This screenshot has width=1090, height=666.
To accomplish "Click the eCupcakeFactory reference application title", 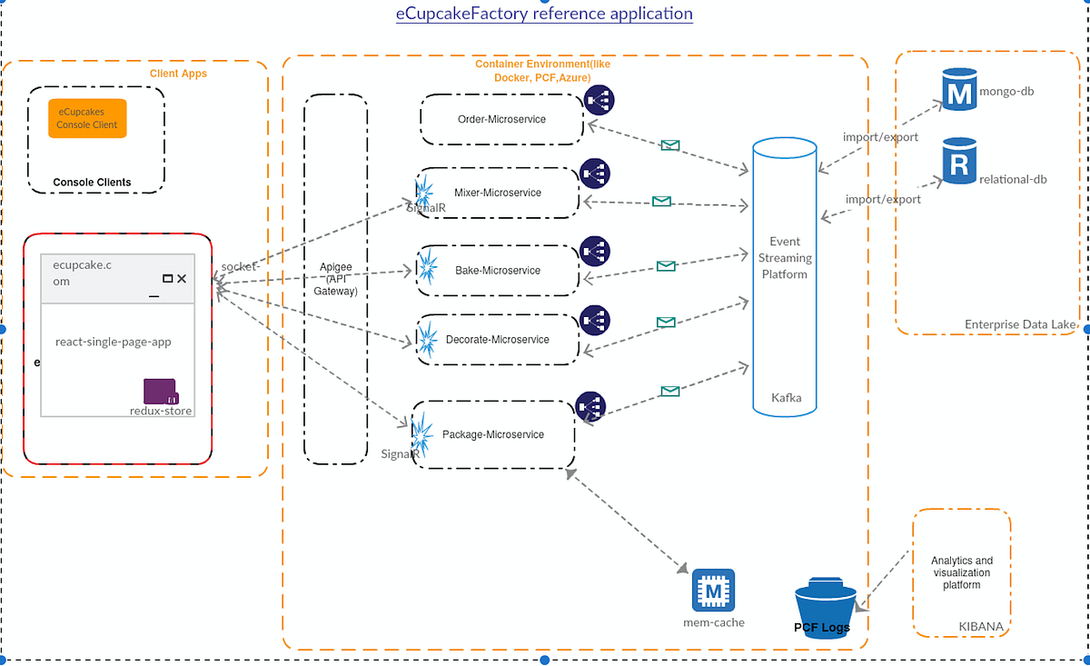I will pyautogui.click(x=544, y=14).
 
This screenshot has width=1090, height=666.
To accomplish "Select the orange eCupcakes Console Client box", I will pyautogui.click(x=87, y=118).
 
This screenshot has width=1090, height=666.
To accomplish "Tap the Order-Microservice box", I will pyautogui.click(x=501, y=119).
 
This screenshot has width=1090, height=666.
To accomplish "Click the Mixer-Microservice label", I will pyautogui.click(x=497, y=193).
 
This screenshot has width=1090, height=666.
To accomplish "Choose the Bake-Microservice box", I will pyautogui.click(x=498, y=270).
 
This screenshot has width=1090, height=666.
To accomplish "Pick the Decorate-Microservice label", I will pyautogui.click(x=497, y=340).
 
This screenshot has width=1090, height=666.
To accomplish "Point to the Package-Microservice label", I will pyautogui.click(x=493, y=434).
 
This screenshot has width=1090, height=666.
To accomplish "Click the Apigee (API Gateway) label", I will pyautogui.click(x=335, y=279).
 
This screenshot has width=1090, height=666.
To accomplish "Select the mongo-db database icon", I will pyautogui.click(x=957, y=91).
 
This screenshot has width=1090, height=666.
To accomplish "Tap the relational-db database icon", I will pyautogui.click(x=958, y=162).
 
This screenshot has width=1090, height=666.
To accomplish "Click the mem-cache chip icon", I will pyautogui.click(x=713, y=591).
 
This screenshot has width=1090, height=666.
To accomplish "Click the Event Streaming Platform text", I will pyautogui.click(x=785, y=258).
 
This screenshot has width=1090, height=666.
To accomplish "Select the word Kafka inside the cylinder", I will pyautogui.click(x=786, y=398).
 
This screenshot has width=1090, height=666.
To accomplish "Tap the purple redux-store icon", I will pyautogui.click(x=161, y=392).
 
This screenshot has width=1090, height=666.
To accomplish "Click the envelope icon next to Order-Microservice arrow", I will pyautogui.click(x=669, y=145).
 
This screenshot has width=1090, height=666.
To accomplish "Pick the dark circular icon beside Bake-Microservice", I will pyautogui.click(x=595, y=251).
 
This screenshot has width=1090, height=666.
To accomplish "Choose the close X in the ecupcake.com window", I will pyautogui.click(x=182, y=279).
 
